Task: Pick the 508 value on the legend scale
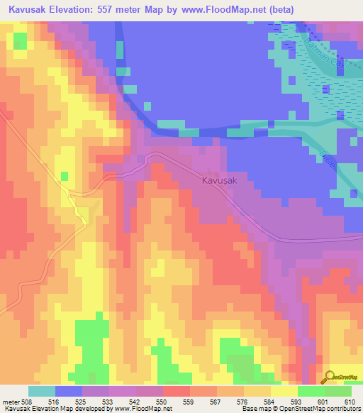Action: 30,401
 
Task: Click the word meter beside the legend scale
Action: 11,401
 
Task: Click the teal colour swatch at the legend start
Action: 42,391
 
